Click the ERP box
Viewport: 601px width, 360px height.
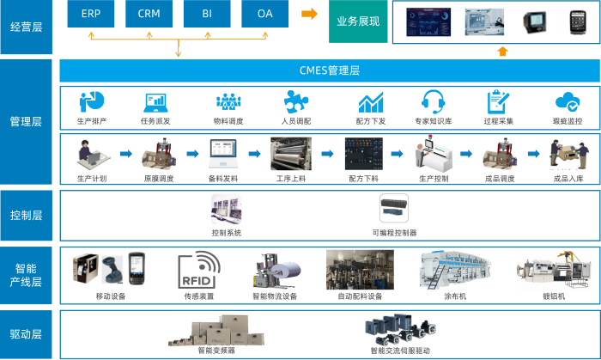click(90, 15)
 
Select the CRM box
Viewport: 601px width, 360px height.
click(149, 15)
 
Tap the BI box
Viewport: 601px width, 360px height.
click(207, 15)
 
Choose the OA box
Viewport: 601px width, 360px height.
click(265, 15)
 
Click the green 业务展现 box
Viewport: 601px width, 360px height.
click(359, 21)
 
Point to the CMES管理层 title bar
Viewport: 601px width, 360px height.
click(330, 70)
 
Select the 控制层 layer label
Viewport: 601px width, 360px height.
click(26, 215)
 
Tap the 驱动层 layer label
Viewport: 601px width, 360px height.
click(26, 334)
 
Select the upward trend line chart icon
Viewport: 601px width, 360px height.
click(371, 101)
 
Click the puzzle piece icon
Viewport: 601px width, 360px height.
click(296, 101)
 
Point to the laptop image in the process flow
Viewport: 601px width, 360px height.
click(223, 154)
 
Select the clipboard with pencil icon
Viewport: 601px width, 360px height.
click(497, 101)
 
